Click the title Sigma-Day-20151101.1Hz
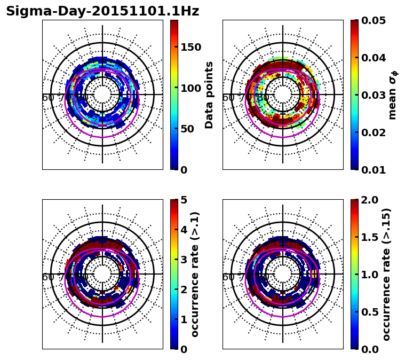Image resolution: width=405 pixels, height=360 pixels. pos(102,12)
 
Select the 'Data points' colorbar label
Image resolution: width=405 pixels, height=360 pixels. pos(209,95)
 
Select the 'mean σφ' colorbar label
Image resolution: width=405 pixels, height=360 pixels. pos(393,95)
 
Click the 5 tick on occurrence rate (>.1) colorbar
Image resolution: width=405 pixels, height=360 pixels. pos(184,200)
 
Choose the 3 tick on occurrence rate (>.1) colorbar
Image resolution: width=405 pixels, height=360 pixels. pos(184,260)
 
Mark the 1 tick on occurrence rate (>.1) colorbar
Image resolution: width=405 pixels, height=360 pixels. pos(184,319)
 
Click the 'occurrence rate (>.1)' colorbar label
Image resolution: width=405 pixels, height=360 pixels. pos(195,275)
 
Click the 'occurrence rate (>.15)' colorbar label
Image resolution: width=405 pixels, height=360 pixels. pos(386,275)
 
